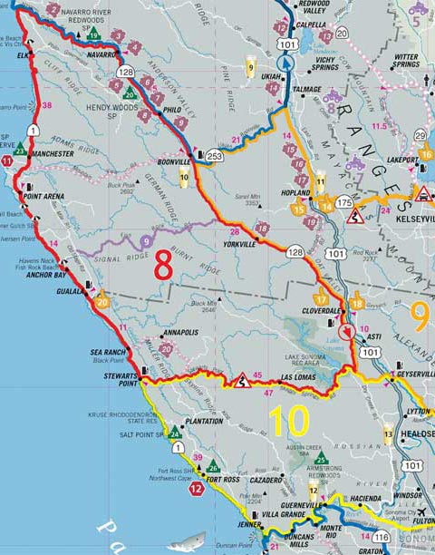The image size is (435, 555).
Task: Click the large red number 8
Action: [164, 267]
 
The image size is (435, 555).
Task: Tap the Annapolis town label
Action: [188, 332]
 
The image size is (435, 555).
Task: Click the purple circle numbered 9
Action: [146, 241]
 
